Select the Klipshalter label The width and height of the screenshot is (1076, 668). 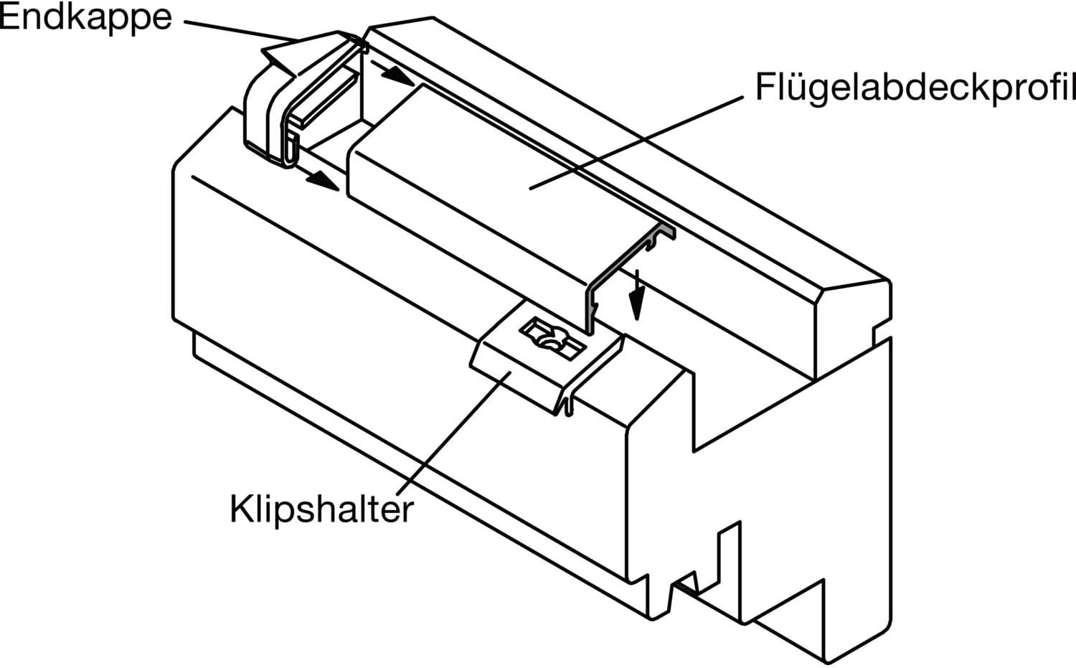(x=321, y=508)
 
